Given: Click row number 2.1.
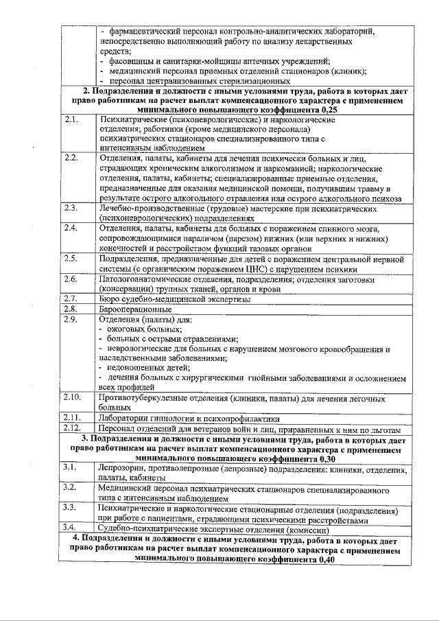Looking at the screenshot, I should click(70, 119).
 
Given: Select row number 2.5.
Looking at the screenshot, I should click(70, 259).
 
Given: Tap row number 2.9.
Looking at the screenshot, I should click(70, 319).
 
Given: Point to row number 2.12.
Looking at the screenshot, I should click(72, 427).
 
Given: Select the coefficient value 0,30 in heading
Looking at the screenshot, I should click(324, 458).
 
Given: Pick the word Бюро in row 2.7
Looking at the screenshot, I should click(110, 299).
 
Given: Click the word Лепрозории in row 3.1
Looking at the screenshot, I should click(126, 468).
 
